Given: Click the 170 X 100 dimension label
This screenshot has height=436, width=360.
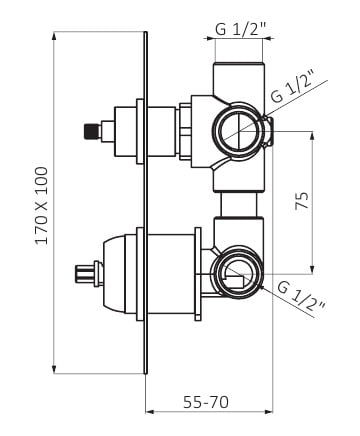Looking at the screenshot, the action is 42,206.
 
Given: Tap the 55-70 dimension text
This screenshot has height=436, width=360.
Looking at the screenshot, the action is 206,402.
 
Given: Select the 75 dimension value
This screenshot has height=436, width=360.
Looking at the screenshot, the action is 302,200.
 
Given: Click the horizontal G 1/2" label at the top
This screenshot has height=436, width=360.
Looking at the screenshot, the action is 239,30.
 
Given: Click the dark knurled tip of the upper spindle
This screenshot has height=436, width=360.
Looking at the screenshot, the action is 92,131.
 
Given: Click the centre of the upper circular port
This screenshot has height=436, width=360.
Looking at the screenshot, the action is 239,130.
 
